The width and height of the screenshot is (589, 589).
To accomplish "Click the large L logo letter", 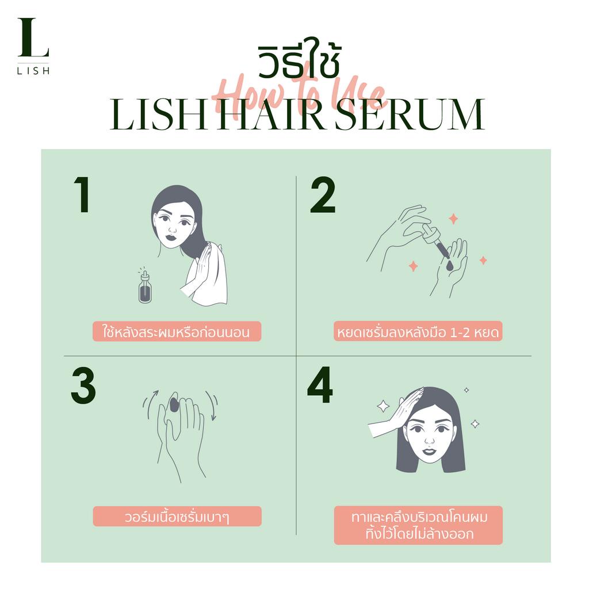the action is point(33,37).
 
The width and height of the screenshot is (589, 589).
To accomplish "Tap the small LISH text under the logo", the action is point(33,71).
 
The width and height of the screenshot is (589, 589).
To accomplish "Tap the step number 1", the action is point(82,194).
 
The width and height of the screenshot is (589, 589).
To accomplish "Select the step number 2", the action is point(323,194).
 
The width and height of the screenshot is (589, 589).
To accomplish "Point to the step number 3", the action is point(83,386).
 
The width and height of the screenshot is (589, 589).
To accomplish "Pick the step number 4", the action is point(320,385).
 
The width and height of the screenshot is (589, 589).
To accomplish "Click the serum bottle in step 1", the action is point(145,288).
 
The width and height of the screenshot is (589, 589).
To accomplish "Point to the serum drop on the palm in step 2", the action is point(450,266).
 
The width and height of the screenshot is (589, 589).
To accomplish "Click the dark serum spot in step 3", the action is point(174,404).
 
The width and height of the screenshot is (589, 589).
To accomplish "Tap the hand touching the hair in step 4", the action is point(398,413).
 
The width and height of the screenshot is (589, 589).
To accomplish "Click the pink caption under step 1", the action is point(177,332).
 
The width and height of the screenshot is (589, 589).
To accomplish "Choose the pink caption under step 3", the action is point(177,517).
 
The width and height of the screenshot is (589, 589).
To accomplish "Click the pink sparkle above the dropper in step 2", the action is point(453,219).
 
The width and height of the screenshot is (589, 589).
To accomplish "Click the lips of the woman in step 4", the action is point(429,451).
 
